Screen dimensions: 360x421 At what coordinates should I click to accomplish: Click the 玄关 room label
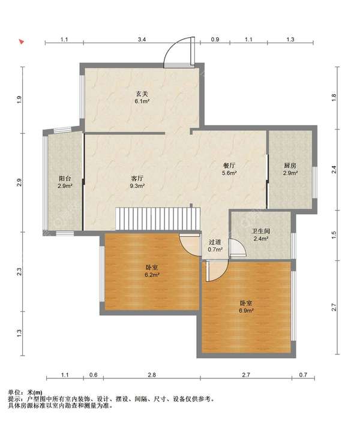click(x=142, y=94)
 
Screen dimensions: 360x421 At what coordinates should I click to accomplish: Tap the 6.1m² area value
click(x=142, y=101)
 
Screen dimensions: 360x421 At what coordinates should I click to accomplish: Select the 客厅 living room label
click(x=137, y=178)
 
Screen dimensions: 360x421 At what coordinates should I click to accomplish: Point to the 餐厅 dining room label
click(x=229, y=166)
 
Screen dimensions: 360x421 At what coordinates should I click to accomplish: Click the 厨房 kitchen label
click(x=290, y=166)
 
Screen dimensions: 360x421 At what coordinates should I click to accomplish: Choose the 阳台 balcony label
click(x=65, y=178)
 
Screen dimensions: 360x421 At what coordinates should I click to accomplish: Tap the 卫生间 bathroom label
click(x=260, y=231)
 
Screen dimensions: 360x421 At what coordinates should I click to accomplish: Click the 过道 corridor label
click(x=215, y=242)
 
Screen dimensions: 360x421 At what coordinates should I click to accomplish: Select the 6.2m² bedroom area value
click(x=152, y=275)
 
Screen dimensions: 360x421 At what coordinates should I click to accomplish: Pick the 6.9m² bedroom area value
click(x=247, y=311)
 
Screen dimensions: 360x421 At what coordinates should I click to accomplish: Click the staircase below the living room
click(x=158, y=218)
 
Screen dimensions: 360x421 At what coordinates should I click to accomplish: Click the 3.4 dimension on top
click(x=142, y=39)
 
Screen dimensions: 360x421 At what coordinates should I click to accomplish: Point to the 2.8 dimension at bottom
click(x=152, y=375)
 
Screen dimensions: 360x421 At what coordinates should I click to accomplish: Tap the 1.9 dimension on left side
click(x=19, y=100)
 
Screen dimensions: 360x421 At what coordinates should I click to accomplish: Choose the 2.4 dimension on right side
click(x=334, y=170)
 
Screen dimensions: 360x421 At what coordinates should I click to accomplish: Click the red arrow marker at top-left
click(x=22, y=41)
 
